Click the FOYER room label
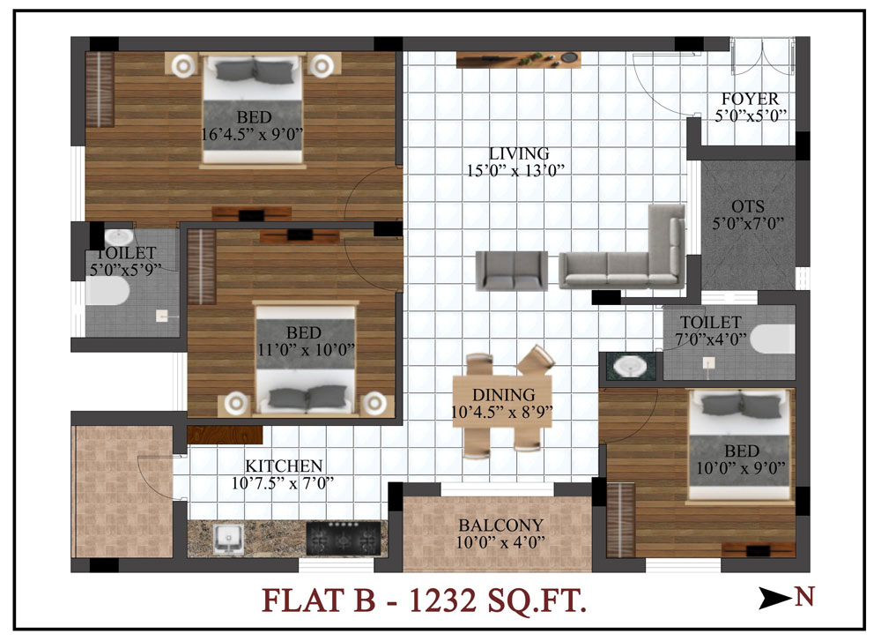(x=750, y=99)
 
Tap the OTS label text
(x=748, y=206)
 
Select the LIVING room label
(x=519, y=153)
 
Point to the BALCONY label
(x=500, y=525)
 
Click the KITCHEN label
(x=284, y=466)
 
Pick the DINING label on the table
(x=503, y=395)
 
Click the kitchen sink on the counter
(x=228, y=538)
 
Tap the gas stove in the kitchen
(x=344, y=538)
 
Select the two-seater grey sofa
(x=512, y=271)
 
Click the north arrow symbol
(x=775, y=598)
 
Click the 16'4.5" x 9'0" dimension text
(x=252, y=134)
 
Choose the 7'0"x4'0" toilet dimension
(x=711, y=339)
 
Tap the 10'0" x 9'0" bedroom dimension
(x=741, y=468)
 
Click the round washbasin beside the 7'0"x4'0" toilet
(x=627, y=368)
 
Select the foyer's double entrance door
(x=762, y=56)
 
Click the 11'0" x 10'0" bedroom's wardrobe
(x=201, y=266)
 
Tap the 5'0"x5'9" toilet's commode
(x=107, y=291)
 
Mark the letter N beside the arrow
(x=804, y=597)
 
